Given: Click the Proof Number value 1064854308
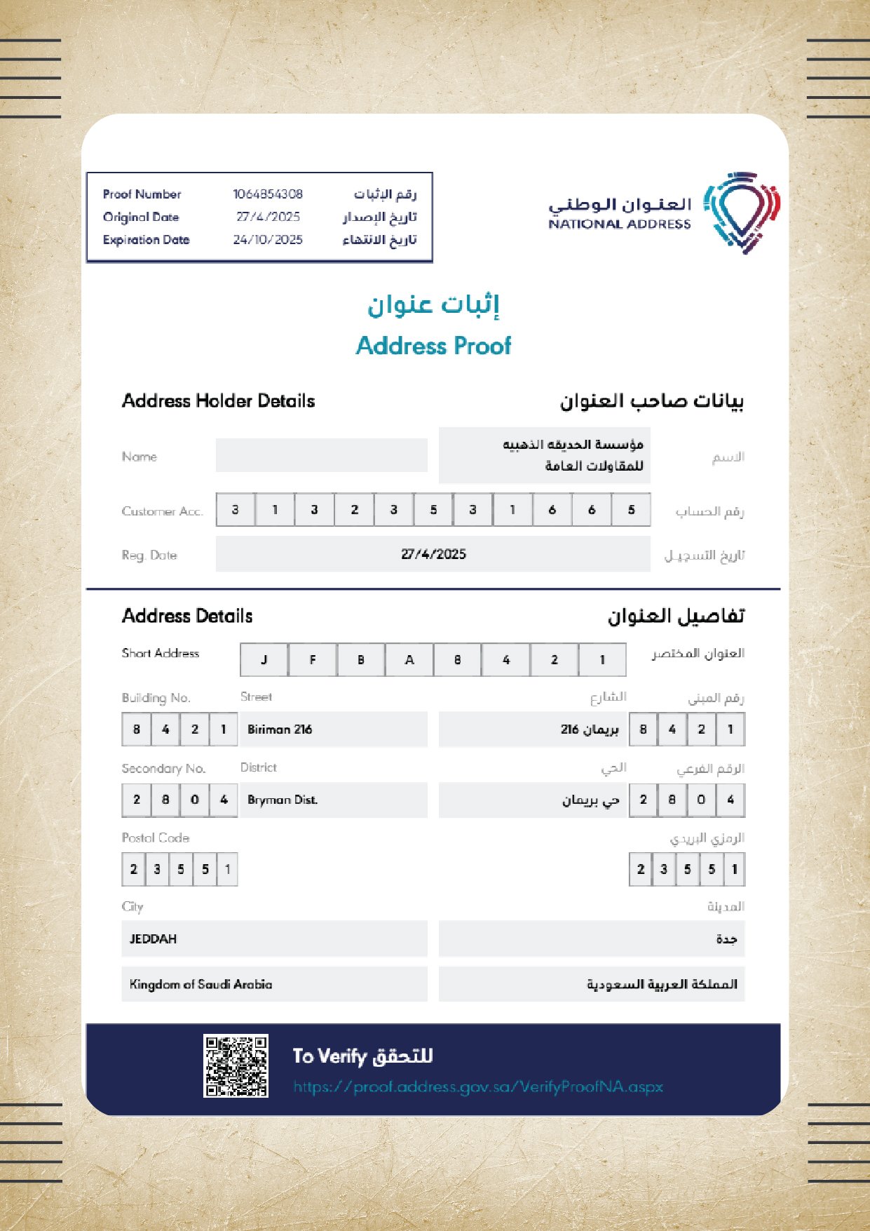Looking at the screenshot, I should [x=268, y=194].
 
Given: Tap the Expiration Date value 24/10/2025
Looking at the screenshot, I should [x=268, y=240].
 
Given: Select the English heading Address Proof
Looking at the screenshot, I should [x=433, y=346].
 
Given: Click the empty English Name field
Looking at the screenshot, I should [x=321, y=455].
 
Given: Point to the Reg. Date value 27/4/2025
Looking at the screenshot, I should [x=433, y=554].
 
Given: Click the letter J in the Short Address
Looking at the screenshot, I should [x=264, y=660].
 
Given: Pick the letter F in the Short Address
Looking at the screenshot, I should [x=313, y=660].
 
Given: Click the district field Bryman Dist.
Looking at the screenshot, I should [x=283, y=800].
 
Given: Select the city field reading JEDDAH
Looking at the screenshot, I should [x=154, y=939].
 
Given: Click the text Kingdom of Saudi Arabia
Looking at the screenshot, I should [x=200, y=985].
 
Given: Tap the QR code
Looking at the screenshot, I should [x=236, y=1066].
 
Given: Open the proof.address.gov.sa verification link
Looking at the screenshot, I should [x=478, y=1087].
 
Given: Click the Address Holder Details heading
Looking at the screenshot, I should [x=218, y=401].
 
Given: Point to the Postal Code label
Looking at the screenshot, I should [x=155, y=838].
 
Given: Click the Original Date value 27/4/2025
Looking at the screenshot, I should [x=268, y=217].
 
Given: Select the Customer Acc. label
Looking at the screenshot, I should [x=162, y=511].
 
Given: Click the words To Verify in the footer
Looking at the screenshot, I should [x=329, y=1056].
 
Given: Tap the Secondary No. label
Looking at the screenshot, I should [x=163, y=769].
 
